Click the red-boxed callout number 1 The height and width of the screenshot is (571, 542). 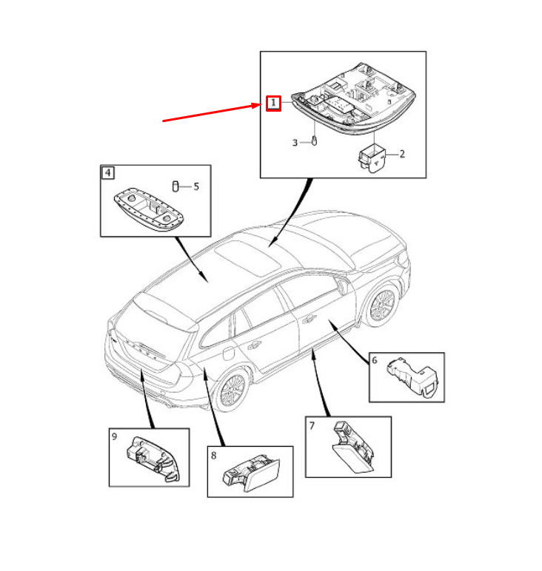pos(274,103)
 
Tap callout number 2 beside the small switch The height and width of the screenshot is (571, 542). pos(402,155)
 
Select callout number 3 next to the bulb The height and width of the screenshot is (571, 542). pos(294,143)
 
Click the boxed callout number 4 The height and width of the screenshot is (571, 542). pos(108,173)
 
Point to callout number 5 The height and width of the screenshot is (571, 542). pos(196,186)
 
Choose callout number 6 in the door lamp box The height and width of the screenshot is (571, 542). pos(375,360)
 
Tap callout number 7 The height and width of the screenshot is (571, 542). pos(312,425)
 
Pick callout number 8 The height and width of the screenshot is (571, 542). pos(213,455)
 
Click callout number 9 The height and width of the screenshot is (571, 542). pos(115,437)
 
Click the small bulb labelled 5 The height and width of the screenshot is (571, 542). pos(177,186)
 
